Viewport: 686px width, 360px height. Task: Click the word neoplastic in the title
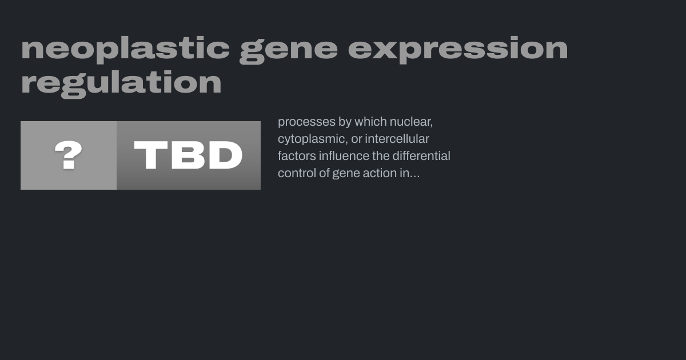[125, 49]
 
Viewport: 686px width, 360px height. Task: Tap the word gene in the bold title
[289, 51]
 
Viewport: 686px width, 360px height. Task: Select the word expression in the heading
[458, 49]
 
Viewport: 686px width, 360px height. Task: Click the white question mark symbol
[68, 155]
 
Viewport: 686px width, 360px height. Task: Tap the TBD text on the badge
[188, 155]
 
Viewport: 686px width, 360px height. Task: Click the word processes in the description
[306, 122]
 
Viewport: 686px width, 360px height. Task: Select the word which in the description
[370, 122]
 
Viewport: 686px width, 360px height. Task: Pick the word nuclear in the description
[411, 122]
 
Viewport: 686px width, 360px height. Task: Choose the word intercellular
[397, 139]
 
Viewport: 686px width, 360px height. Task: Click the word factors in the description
[297, 156]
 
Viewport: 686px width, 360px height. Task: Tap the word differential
[421, 156]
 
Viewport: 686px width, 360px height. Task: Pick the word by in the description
[345, 122]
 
